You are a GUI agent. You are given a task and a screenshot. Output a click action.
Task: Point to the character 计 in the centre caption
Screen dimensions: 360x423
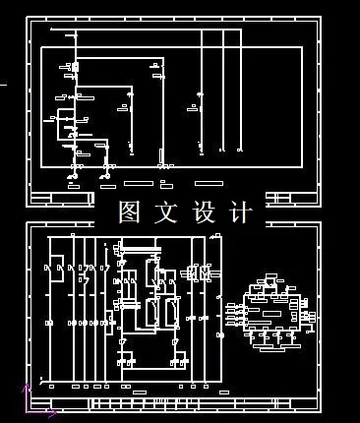239,211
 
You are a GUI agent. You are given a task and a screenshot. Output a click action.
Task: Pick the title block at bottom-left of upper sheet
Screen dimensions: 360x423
61,199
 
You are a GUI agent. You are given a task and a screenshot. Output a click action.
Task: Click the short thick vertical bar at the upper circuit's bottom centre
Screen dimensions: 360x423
162,157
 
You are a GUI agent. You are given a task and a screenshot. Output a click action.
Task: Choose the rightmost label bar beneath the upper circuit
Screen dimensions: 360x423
206,183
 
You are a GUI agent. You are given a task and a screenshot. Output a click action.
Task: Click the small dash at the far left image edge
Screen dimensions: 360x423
3,86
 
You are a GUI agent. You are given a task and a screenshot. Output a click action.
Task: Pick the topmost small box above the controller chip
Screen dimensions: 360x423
269,280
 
